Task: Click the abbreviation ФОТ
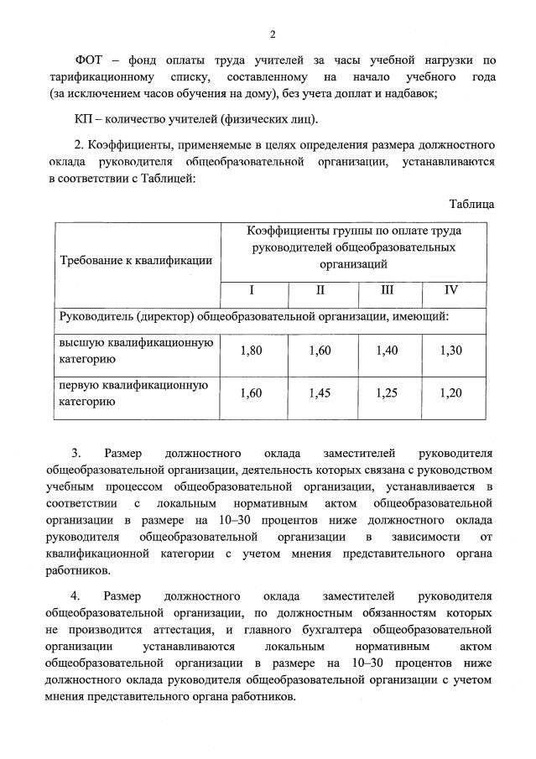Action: [x=90, y=59]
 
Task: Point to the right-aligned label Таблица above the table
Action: [x=471, y=204]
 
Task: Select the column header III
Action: [x=387, y=290]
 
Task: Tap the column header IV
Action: [x=450, y=290]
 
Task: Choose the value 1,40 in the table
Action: [x=387, y=351]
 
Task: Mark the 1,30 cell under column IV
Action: [x=450, y=351]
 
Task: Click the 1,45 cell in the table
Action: [x=320, y=392]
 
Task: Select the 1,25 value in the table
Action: [x=387, y=392]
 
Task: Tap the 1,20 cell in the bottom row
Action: [x=450, y=392]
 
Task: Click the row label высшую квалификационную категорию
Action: [x=134, y=351]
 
